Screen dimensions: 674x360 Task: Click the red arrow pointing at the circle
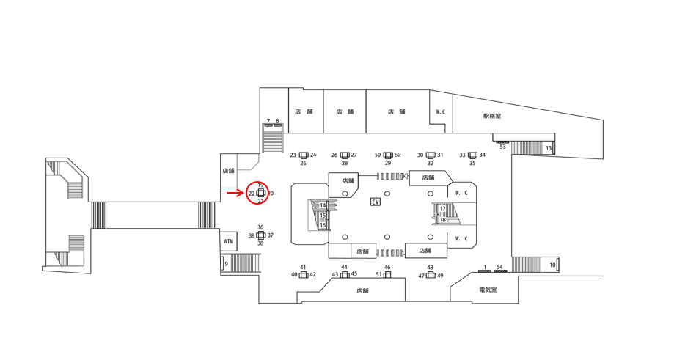coord(235,193)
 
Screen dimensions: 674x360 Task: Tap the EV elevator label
coord(376,202)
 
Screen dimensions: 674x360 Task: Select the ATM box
coord(229,241)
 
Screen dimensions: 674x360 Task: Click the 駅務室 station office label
coord(492,116)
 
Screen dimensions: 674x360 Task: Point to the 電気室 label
coord(488,290)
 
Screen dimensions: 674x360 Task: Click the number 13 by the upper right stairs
coord(549,148)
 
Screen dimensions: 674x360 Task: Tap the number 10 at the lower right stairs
coord(552,265)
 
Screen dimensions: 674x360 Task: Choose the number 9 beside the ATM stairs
coord(226,264)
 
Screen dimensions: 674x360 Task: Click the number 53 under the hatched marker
coord(502,147)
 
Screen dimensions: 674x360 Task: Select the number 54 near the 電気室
coord(499,267)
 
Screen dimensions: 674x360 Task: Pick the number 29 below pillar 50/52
coord(388,164)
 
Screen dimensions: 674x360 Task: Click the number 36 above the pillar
coord(260,227)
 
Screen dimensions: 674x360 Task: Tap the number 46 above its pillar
coord(387,267)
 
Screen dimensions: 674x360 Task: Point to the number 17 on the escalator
coord(442,209)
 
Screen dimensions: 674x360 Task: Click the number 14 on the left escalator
coord(323,206)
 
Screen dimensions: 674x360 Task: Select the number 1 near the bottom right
coord(485,267)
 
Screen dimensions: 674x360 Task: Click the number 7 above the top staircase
coord(268,121)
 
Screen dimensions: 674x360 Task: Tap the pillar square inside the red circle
coord(260,193)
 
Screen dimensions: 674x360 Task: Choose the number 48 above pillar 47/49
coord(431,267)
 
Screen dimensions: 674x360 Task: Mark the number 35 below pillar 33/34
coord(472,164)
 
